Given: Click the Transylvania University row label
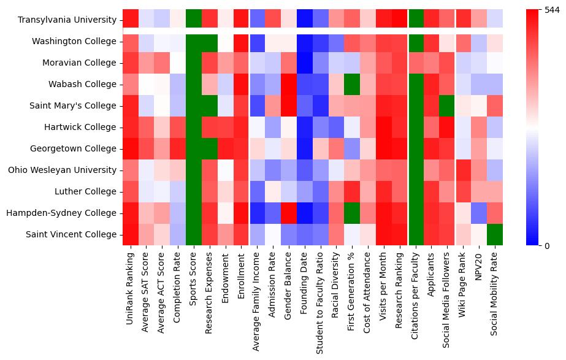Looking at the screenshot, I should (x=67, y=20).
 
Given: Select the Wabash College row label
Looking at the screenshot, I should (x=83, y=84).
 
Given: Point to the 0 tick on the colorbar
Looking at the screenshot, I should (x=538, y=245).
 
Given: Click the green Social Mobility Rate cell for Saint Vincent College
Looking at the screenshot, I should (x=494, y=234).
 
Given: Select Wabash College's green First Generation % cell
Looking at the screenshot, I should (x=352, y=84).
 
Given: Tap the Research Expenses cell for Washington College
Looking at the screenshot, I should (x=209, y=41).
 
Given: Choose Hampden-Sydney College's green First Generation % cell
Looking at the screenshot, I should (x=352, y=213).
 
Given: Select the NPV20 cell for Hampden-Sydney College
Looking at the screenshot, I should (x=478, y=213).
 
